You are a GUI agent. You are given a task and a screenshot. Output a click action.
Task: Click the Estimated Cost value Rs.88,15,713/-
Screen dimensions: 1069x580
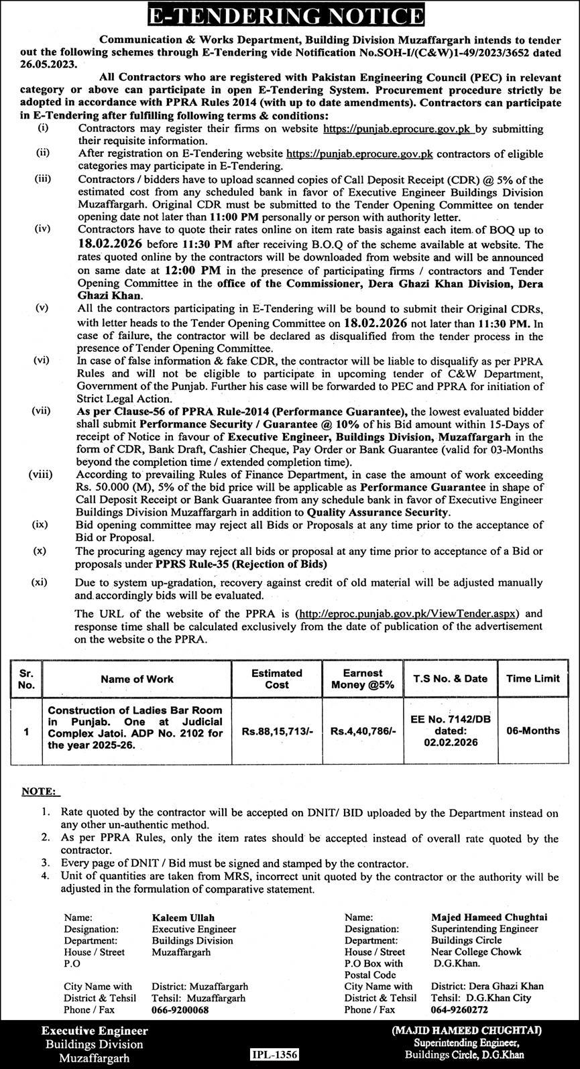click(x=277, y=731)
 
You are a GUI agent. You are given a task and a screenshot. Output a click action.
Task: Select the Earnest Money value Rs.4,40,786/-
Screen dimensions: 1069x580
click(x=363, y=731)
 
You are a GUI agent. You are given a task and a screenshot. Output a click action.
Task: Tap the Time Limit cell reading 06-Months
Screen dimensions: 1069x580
click(x=533, y=731)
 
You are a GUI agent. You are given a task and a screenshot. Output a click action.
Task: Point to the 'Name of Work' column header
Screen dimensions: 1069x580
click(x=137, y=678)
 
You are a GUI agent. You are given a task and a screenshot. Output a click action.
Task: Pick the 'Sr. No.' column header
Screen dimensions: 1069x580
click(x=26, y=678)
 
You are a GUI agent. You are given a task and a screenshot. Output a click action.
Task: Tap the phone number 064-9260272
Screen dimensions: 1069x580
click(x=459, y=1010)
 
